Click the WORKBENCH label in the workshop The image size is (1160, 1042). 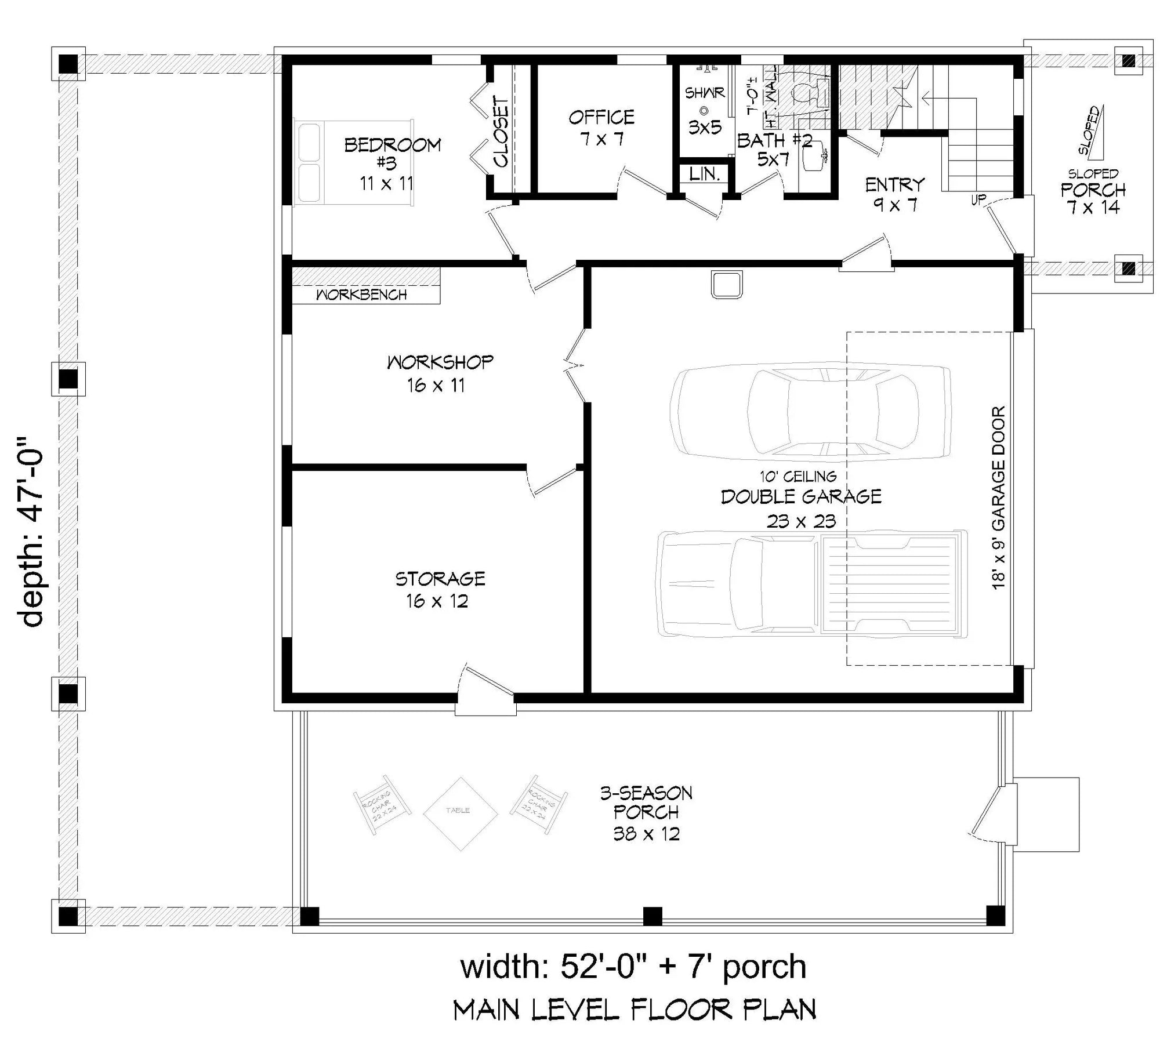pos(361,295)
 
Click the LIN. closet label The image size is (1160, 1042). pos(704,173)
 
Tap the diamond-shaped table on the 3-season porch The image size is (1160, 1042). pos(460,814)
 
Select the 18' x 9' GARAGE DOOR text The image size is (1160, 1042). pos(998,498)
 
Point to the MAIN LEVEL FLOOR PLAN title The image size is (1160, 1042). pos(635,1010)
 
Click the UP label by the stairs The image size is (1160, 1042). pos(978,200)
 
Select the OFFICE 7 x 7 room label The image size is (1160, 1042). pos(601,128)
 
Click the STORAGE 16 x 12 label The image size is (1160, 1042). pos(439,589)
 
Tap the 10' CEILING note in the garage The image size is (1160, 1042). pos(798,476)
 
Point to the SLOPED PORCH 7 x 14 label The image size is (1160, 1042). pos(1093,191)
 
